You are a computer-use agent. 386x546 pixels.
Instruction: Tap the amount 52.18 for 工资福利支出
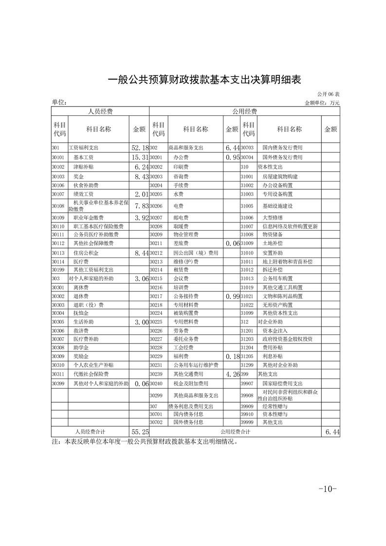click(x=139, y=147)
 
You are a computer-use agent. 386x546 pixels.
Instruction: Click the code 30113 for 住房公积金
click(x=58, y=253)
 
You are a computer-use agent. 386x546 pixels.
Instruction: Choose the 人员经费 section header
click(x=100, y=111)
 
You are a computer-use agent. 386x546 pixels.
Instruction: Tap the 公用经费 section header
click(x=244, y=111)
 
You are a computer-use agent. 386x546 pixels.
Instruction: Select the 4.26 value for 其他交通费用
click(x=232, y=374)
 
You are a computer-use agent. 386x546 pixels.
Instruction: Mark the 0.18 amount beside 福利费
click(x=232, y=357)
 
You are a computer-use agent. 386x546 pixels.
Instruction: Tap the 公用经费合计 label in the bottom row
click(x=236, y=432)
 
